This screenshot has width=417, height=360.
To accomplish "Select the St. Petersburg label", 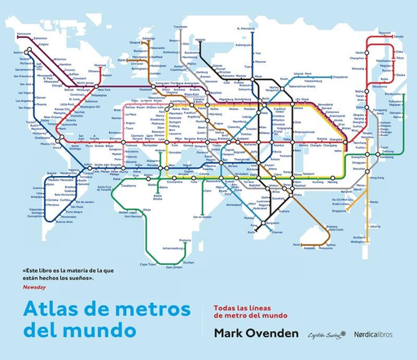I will [x=245, y=29].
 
